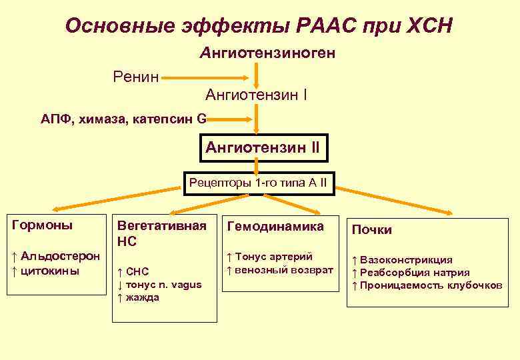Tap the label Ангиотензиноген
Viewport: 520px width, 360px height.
[x=267, y=52]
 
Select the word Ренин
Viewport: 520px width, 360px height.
[x=135, y=77]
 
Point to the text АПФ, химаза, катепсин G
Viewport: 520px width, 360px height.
[x=123, y=119]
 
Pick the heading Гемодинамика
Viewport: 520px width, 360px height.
[x=275, y=227]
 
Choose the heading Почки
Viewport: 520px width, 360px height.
[x=372, y=230]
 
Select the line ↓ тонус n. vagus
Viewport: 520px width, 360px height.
[x=159, y=285]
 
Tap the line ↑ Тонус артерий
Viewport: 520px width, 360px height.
[x=269, y=257]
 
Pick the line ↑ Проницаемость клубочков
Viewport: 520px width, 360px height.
[x=427, y=285]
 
